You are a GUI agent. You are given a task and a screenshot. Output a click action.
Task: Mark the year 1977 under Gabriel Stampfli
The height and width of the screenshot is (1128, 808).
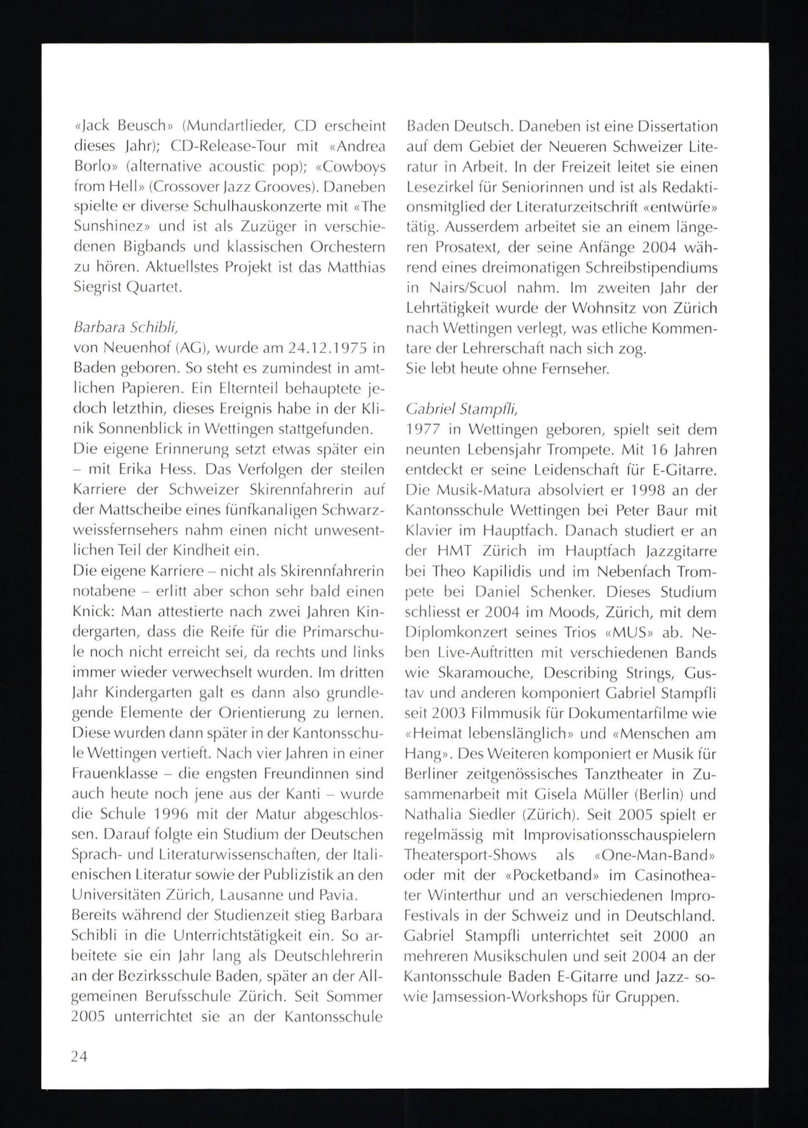point(423,429)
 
